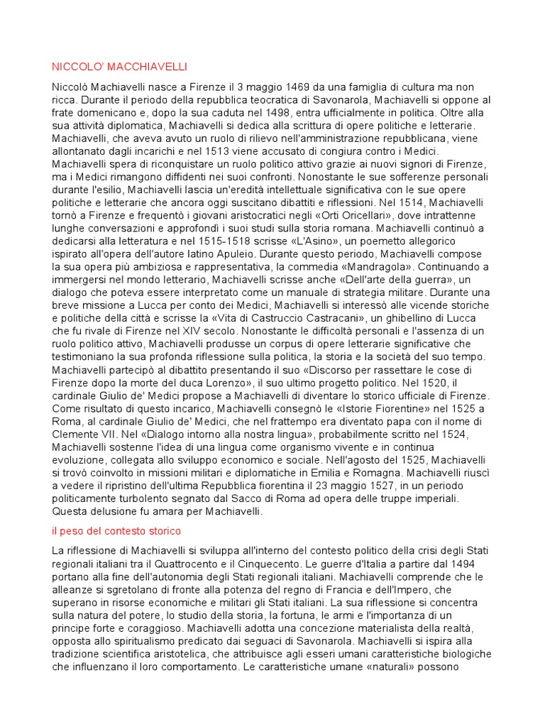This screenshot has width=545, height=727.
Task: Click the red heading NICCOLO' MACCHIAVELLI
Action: (119, 67)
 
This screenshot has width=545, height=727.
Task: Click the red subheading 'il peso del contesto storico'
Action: (116, 530)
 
